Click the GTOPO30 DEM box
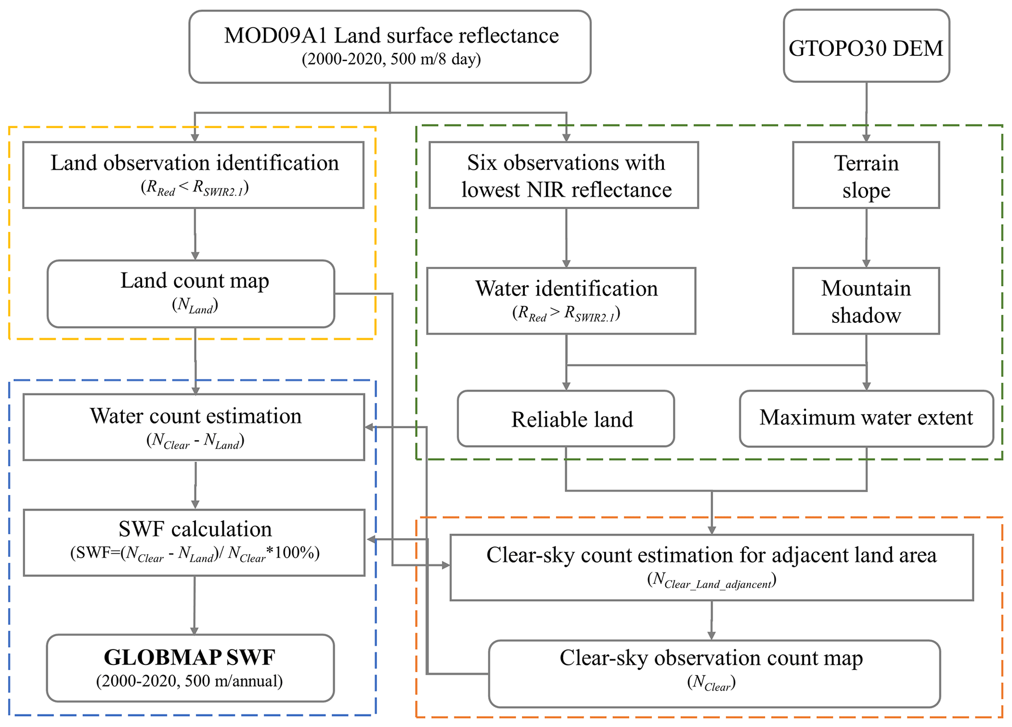[x=866, y=46]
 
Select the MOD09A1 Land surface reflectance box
[x=390, y=46]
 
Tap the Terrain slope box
[x=866, y=175]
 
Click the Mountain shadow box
[x=866, y=301]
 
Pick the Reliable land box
[x=566, y=419]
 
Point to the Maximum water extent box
[x=866, y=418]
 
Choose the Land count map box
[x=191, y=294]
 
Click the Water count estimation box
[x=194, y=427]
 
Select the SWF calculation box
[x=194, y=543]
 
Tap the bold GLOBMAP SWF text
[x=189, y=658]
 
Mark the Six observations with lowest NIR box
[x=564, y=175]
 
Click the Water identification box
[x=561, y=301]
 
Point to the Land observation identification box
[x=193, y=175]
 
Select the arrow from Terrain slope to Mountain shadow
[x=866, y=238]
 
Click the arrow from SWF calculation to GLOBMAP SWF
[x=194, y=606]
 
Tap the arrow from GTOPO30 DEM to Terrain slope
[x=866, y=113]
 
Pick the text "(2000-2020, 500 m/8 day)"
[x=391, y=59]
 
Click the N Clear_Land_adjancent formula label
[x=711, y=581]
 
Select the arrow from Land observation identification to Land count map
[x=195, y=234]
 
